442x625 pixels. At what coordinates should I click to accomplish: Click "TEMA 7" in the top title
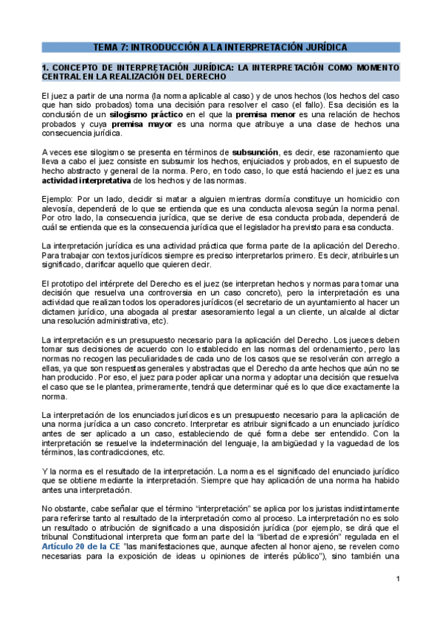click(x=111, y=47)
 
